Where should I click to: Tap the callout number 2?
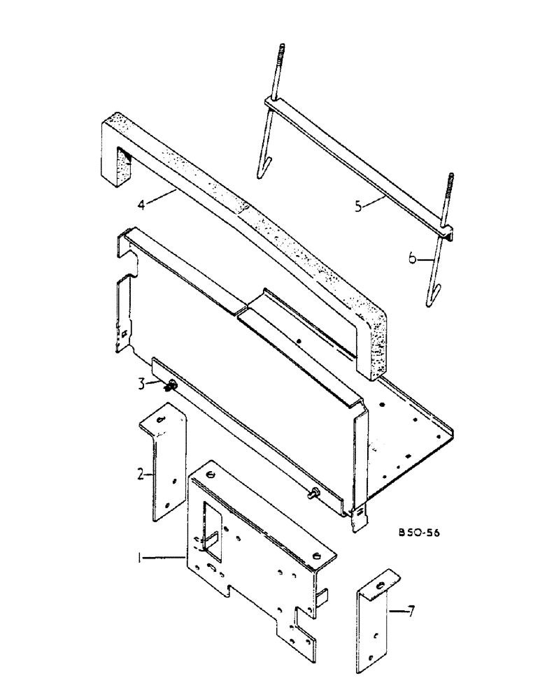141,475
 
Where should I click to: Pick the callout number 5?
358,206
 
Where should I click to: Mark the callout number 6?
412,258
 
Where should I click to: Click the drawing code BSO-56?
422,533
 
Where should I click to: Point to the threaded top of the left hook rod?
280,56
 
